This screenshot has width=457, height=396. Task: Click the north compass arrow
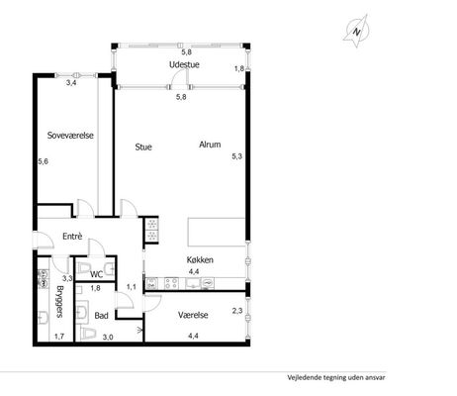[356, 32]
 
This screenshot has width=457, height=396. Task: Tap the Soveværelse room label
[70, 136]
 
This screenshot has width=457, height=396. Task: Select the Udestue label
[184, 64]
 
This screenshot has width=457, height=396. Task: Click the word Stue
[143, 147]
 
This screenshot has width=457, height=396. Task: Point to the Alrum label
[210, 145]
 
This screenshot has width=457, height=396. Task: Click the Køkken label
[200, 259]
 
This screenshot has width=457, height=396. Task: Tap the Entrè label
[72, 237]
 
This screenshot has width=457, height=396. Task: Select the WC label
[97, 274]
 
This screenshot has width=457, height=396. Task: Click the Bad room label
[101, 316]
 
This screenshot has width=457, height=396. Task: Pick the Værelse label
[193, 315]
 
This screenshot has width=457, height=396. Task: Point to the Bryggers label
[59, 302]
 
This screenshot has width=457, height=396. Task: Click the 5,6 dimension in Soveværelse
[44, 161]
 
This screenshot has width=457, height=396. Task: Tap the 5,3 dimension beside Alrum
[236, 156]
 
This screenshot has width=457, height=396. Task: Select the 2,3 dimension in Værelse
[237, 311]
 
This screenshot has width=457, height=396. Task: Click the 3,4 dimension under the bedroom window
[71, 83]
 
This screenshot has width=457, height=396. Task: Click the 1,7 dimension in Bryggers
[59, 337]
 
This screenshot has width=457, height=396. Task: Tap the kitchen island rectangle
[217, 232]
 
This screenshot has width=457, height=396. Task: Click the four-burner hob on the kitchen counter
[171, 283]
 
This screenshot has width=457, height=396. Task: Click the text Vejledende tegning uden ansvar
[336, 377]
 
